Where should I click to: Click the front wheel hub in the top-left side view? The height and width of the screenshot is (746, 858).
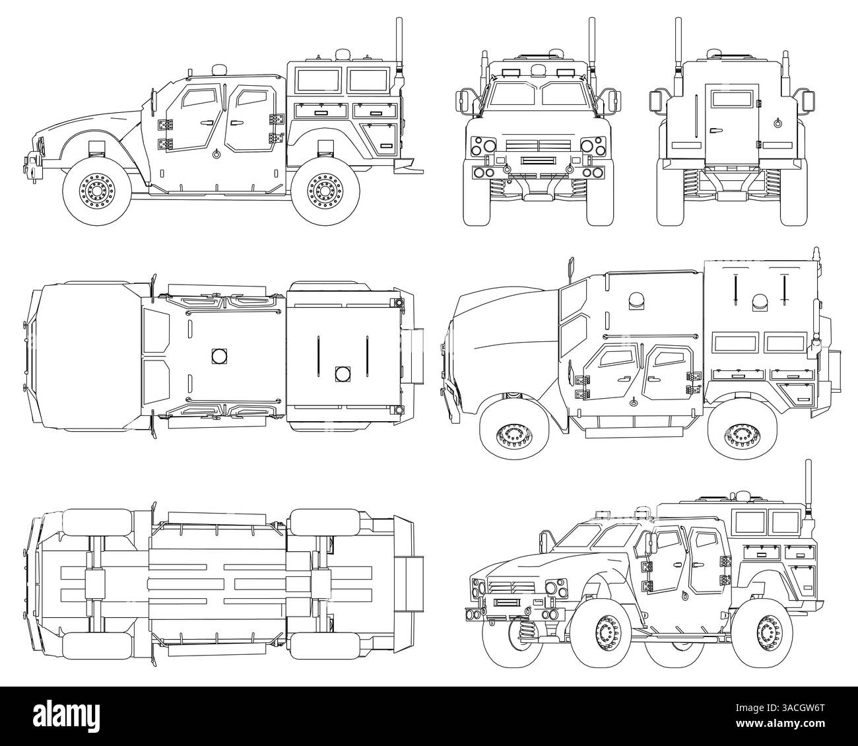[x=95, y=191]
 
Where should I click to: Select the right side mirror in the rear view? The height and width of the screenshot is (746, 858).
[x=807, y=100]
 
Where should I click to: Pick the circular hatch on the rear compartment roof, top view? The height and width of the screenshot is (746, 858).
[x=342, y=373]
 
